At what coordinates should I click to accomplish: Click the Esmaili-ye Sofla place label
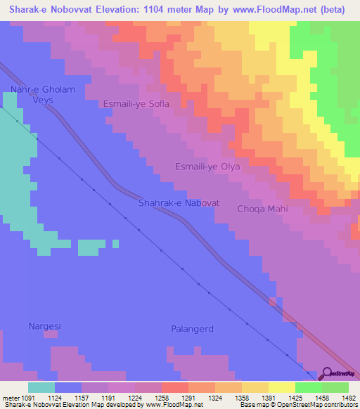[136, 104]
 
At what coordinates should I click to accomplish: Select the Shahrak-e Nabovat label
[179, 203]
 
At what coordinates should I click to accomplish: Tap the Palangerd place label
[192, 329]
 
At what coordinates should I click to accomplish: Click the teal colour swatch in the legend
[41, 387]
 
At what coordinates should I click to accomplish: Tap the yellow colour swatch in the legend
[281, 387]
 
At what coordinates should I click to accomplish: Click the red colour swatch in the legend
[174, 387]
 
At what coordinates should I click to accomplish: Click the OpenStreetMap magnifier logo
[326, 374]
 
